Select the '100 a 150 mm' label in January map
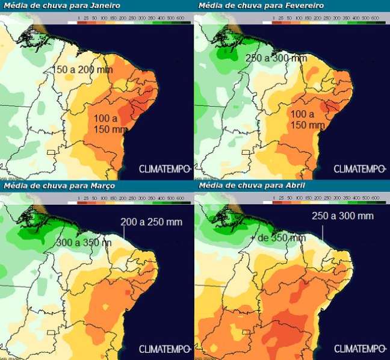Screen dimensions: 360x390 click(111, 123)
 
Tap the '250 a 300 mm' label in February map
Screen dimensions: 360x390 click(277, 58)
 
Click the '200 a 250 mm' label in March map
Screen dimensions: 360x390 click(151, 222)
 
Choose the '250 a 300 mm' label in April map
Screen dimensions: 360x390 click(343, 216)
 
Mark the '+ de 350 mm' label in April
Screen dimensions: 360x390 click(277, 238)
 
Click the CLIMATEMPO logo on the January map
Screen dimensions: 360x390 click(166, 168)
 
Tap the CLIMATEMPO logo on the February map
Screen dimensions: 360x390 click(359, 168)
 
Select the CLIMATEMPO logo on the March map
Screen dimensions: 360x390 click(166, 349)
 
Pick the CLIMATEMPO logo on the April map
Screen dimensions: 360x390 click(359, 349)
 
